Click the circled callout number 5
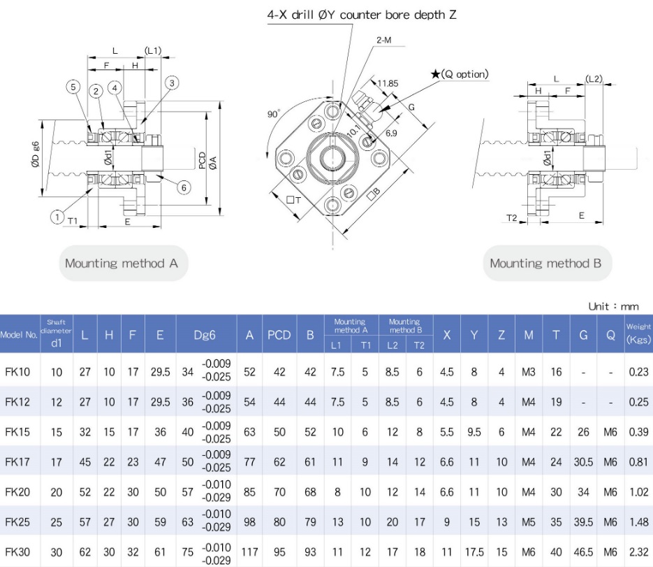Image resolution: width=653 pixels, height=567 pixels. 73,87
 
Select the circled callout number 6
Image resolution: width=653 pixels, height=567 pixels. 183,187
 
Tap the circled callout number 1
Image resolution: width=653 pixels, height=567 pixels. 57,217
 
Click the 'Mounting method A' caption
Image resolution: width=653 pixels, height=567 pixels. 122,264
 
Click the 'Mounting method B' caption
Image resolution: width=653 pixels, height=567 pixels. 545,264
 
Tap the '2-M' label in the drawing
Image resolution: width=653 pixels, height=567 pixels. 383,41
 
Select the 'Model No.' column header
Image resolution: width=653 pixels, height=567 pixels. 19,335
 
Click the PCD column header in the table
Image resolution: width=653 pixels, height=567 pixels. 279,335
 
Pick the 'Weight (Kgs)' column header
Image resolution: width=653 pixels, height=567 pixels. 638,334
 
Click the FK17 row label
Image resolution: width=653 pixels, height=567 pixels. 17,461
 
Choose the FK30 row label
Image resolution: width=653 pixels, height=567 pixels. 17,552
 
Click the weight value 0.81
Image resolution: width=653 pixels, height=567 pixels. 638,461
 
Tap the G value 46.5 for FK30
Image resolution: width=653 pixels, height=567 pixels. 583,552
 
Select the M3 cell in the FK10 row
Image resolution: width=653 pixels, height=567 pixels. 528,372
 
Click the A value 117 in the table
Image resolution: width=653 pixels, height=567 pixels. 249,552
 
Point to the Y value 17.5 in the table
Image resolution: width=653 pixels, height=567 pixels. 474,552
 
